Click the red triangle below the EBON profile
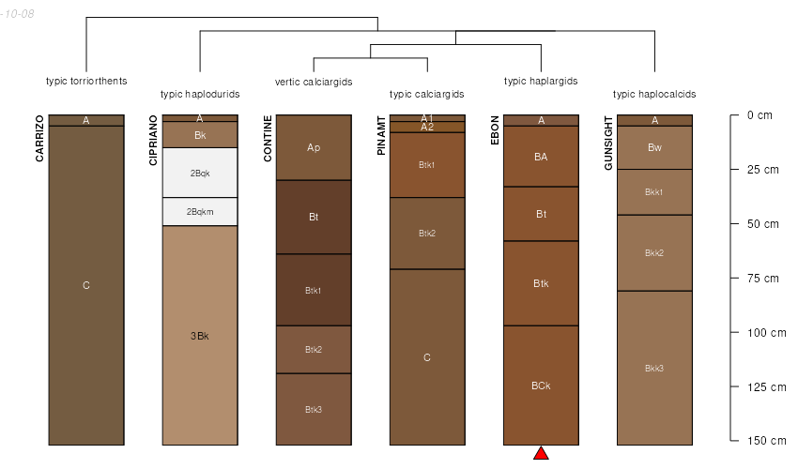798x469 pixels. pyautogui.click(x=542, y=454)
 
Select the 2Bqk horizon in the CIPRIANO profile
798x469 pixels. pyautogui.click(x=200, y=173)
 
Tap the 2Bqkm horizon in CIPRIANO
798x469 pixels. pyautogui.click(x=200, y=212)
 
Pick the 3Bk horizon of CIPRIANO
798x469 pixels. pyautogui.click(x=200, y=336)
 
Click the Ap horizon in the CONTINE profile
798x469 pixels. pyautogui.click(x=314, y=148)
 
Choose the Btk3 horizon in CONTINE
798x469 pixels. pyautogui.click(x=314, y=410)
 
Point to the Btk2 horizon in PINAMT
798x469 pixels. pyautogui.click(x=427, y=234)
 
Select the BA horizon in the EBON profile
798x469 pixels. pyautogui.click(x=542, y=157)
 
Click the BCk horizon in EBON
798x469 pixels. pyautogui.click(x=542, y=386)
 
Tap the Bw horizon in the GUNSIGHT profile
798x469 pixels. pyautogui.click(x=654, y=147)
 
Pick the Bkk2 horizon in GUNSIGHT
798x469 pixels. pyautogui.click(x=654, y=253)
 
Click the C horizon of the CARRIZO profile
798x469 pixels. pyautogui.click(x=86, y=285)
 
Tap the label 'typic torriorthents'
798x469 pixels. pyautogui.click(x=86, y=81)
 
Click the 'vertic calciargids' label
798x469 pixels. pyautogui.click(x=314, y=82)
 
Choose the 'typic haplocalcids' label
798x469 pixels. pyautogui.click(x=654, y=94)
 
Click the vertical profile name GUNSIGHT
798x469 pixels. pyautogui.click(x=608, y=143)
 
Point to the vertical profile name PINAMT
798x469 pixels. pyautogui.click(x=381, y=136)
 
